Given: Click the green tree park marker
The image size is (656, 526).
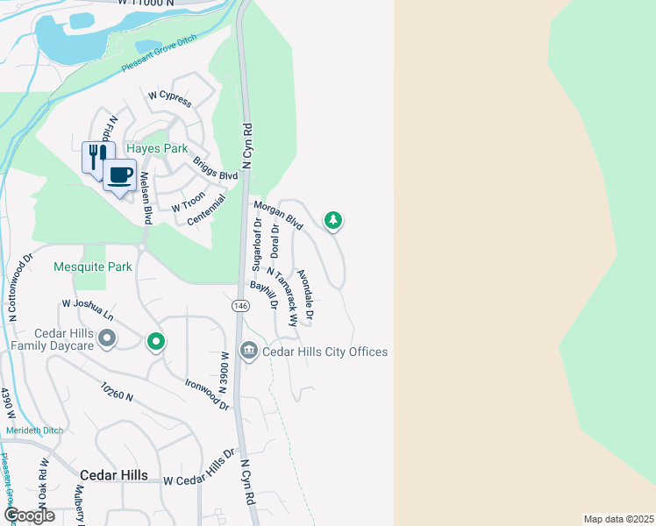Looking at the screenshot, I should [332, 219].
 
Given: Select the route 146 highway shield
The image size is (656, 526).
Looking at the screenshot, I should [239, 306].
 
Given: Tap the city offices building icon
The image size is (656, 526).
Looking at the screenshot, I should [249, 352].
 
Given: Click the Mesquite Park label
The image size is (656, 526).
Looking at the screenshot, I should [92, 267].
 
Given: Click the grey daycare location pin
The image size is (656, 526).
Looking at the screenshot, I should [108, 338].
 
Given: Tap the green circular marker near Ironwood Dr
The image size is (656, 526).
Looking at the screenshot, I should [155, 341].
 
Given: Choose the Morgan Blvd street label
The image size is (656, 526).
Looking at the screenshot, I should [278, 216].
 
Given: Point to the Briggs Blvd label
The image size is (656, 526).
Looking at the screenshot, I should [216, 170].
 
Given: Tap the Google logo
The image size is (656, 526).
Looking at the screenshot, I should [29, 515].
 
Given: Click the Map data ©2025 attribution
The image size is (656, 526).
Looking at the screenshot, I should [618, 519].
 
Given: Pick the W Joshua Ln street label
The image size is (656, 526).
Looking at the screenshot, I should [88, 309].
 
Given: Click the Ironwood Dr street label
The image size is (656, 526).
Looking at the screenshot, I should [207, 394].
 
